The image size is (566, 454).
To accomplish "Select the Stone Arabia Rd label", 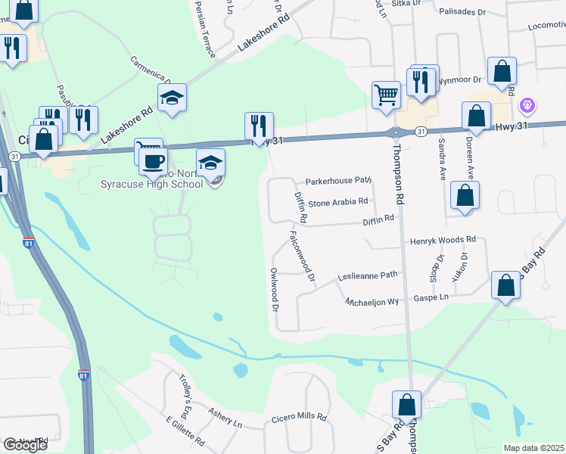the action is (x=337, y=202).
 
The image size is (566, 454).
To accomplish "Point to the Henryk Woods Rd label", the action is (x=443, y=241).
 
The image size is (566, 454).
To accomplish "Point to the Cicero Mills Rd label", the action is (x=300, y=417).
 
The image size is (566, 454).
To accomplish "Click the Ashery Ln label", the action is (x=225, y=418).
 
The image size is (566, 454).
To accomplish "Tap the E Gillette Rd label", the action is (x=184, y=430).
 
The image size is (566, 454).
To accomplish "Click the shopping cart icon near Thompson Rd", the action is (x=386, y=95).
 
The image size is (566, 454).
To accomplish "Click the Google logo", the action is (x=25, y=445).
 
